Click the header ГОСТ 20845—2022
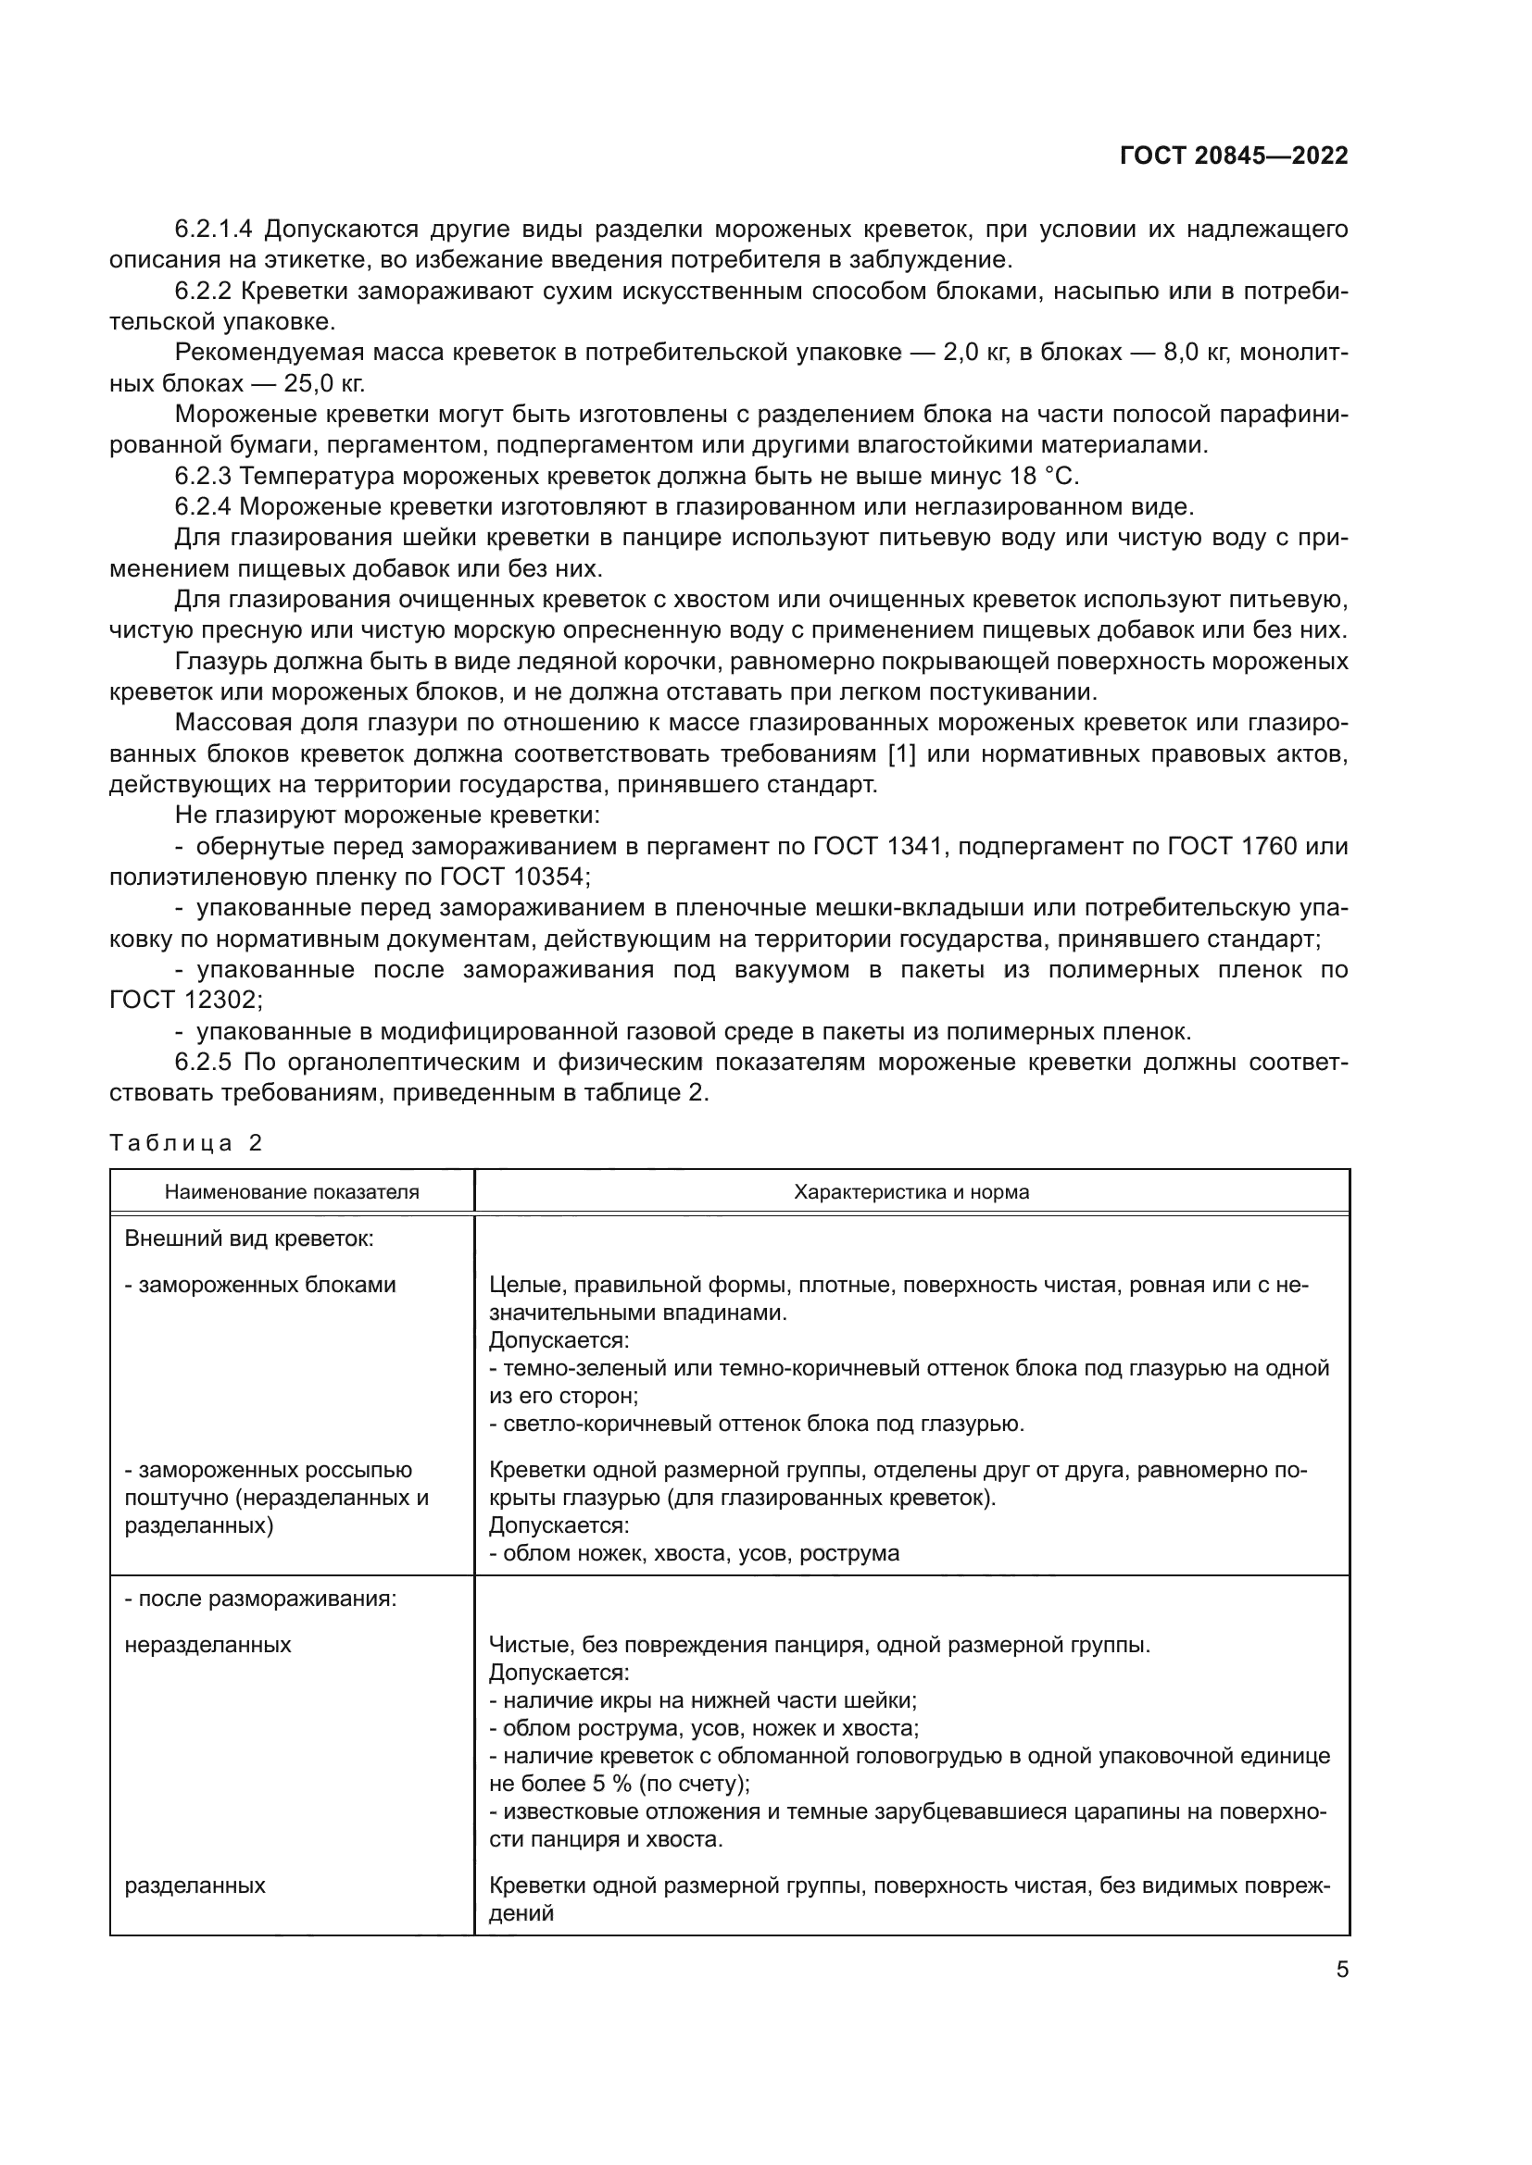click(1233, 156)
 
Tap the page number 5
click(1341, 1970)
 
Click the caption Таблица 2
click(186, 1143)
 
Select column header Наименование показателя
click(292, 1192)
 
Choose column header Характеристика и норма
click(911, 1192)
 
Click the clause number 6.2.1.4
click(215, 230)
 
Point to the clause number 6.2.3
click(203, 476)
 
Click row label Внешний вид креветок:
click(249, 1239)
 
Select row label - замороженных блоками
click(260, 1286)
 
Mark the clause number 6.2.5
click(203, 1063)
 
